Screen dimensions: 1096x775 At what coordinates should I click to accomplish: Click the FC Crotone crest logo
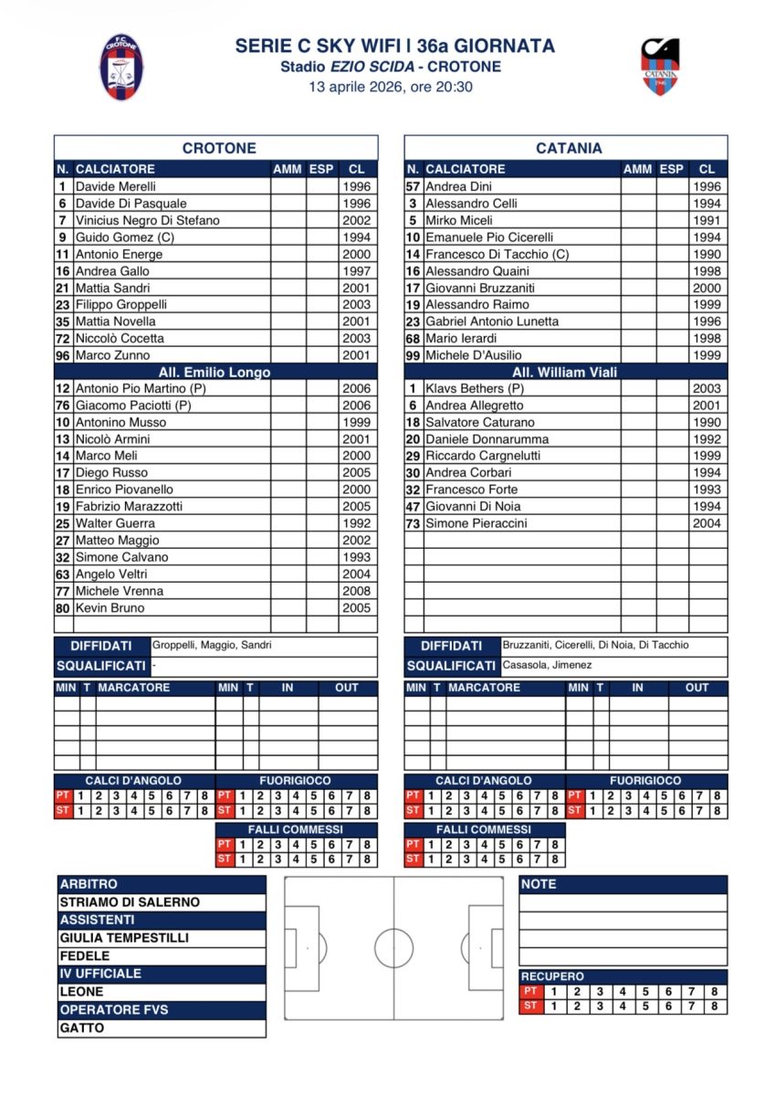[121, 67]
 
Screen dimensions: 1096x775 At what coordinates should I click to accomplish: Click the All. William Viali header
[565, 372]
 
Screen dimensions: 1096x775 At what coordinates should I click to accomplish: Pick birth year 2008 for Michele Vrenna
[356, 591]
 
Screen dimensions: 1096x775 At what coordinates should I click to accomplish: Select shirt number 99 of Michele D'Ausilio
[413, 355]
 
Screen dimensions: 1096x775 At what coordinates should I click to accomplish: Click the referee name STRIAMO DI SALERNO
[129, 902]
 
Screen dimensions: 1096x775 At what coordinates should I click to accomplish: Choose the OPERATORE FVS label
[114, 1010]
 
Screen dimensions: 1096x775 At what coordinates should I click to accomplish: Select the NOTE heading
[539, 884]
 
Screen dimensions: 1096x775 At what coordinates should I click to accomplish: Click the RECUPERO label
[553, 976]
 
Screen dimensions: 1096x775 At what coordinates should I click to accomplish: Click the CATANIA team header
[569, 148]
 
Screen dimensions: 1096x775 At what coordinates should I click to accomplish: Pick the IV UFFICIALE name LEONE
[82, 992]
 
